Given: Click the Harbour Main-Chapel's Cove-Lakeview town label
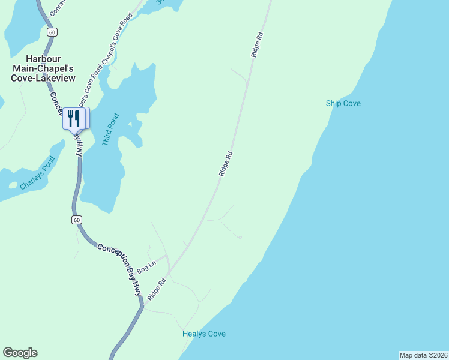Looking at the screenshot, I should coord(43,70).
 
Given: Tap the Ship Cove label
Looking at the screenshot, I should coord(343,104).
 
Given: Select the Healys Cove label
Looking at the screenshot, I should coord(204,334).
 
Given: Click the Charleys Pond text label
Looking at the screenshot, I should coord(37,173).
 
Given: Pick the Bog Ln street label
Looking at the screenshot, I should coord(146,266).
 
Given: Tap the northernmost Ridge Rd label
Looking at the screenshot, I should coord(258,44).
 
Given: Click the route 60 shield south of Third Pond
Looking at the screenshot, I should coord(76,220).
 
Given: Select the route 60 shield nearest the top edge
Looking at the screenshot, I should coord(53,32).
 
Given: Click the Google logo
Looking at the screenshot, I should coord(20,353).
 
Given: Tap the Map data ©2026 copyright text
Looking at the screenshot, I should coord(423,355).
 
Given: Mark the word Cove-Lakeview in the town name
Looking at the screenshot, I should coord(43,78).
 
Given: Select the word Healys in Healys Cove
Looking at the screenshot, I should coord(194,334).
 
